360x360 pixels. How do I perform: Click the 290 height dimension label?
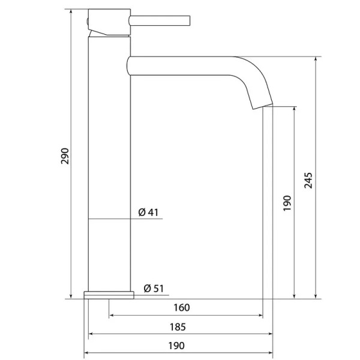(x=65, y=156)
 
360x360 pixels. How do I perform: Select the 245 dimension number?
(x=308, y=181)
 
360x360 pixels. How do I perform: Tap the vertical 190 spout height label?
(x=287, y=203)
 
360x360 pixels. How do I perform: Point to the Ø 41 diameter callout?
(x=148, y=212)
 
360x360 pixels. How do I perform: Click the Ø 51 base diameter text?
(x=154, y=289)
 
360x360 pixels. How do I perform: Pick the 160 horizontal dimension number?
(x=182, y=308)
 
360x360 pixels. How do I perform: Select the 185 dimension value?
(x=178, y=327)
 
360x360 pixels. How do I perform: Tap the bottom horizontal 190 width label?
(x=176, y=346)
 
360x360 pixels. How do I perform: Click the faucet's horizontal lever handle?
(x=160, y=20)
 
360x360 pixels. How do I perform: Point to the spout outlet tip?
(x=263, y=107)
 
